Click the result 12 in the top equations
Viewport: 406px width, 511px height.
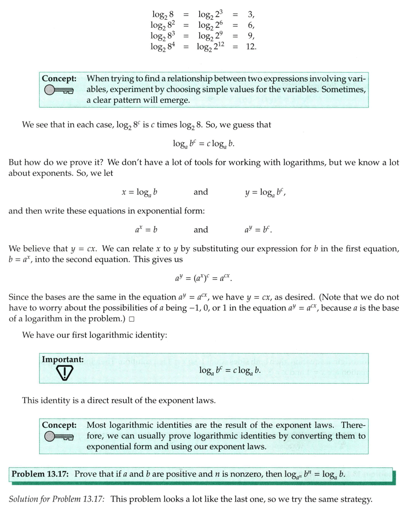250,46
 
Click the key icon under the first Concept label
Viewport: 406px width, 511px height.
58,90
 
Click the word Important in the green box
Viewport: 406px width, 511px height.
63,359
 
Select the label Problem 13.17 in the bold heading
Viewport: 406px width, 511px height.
40,474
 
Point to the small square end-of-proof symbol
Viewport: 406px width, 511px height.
132,319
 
